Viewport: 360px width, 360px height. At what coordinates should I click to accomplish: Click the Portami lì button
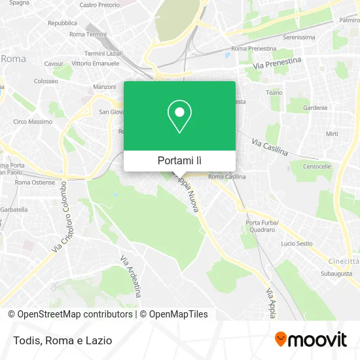tap(179, 160)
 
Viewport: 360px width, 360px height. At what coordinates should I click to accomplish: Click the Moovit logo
tap(310, 339)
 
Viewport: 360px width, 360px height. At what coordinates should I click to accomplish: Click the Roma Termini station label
tap(88, 34)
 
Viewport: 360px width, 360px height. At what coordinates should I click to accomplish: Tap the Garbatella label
tap(14, 209)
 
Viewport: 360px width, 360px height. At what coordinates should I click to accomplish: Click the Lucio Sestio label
tap(297, 243)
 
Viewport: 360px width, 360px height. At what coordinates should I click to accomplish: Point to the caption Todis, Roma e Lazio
tap(60, 340)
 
